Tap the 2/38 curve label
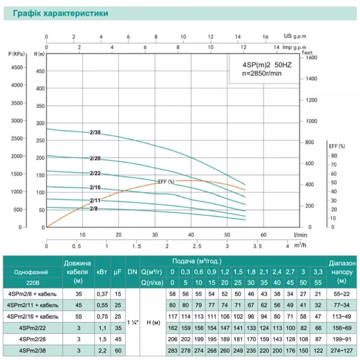[x=95, y=133]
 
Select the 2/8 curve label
[x=94, y=208]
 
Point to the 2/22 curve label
[x=95, y=173]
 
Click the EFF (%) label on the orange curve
[x=166, y=181]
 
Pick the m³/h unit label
[x=300, y=246]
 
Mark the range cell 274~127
[x=342, y=350]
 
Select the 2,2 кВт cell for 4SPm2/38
[x=102, y=350]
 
